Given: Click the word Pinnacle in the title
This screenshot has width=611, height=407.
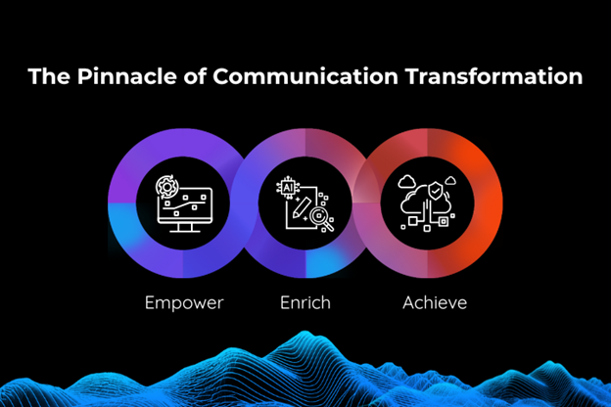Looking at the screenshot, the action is point(126,76).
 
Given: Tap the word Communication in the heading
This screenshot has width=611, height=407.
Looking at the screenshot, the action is point(305,76).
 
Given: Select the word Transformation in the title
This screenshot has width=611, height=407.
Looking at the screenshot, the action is point(493,76).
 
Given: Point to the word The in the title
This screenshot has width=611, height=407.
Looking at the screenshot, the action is point(49,76).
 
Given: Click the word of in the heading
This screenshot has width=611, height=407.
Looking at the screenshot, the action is point(195,76).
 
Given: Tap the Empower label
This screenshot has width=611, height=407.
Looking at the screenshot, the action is point(184,303).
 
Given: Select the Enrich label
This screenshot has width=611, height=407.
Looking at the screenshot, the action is point(305,302).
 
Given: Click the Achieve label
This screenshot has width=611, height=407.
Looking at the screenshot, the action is point(435,302).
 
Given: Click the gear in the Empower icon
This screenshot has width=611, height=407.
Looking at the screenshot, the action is point(167,187).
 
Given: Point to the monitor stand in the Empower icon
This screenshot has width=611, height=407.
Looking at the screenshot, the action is point(185,228).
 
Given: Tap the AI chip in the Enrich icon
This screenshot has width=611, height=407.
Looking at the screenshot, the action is point(288,188).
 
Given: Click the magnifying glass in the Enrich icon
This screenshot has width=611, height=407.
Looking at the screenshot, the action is point(322,218).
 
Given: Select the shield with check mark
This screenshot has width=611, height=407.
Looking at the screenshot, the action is point(436,191).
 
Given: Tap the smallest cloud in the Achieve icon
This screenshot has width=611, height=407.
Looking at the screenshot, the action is point(450,180).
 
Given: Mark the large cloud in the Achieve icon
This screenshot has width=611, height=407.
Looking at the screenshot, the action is point(426,200).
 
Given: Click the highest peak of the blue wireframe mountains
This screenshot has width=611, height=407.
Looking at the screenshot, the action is point(305,333).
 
